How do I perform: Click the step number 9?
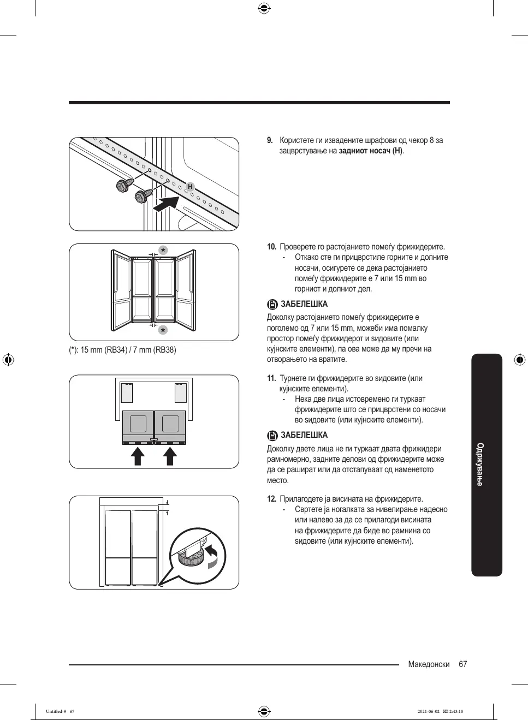tap(270, 140)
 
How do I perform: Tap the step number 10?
tap(271, 247)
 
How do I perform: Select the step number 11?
tap(271, 378)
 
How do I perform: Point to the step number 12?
tap(271, 499)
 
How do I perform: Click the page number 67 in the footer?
tap(463, 664)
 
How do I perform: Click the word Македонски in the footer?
tap(429, 664)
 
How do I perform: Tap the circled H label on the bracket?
tap(190, 187)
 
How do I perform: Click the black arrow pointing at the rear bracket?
tap(167, 205)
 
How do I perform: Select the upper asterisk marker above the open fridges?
tap(163, 251)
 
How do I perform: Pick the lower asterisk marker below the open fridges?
tap(163, 330)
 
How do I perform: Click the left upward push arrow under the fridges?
tap(138, 456)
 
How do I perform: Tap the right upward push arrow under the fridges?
tap(171, 456)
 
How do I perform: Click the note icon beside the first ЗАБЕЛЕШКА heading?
tap(272, 305)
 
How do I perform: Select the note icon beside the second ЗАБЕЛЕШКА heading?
tap(272, 436)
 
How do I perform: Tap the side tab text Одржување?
tap(480, 464)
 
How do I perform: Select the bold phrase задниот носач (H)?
tap(371, 151)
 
